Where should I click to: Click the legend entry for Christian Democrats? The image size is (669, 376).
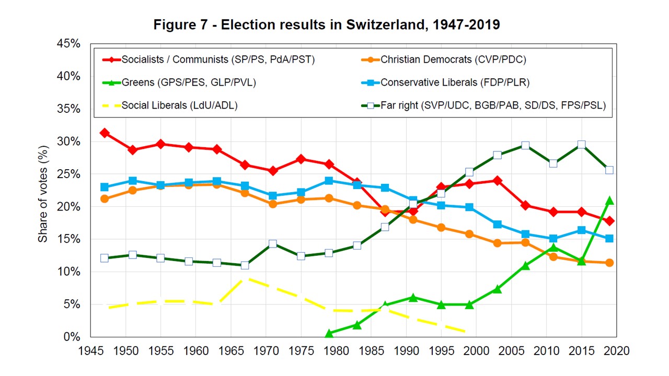453,60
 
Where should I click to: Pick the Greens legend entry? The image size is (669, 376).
189,83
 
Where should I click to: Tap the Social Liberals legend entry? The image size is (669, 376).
179,105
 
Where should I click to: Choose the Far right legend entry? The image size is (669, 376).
493,105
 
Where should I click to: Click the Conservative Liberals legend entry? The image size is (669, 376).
455,83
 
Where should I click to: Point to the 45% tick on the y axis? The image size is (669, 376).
68,44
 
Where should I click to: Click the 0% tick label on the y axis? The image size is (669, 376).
72,337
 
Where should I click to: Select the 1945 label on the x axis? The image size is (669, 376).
90,350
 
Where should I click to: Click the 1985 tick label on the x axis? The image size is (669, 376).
371,350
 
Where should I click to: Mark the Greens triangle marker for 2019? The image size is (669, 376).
608,201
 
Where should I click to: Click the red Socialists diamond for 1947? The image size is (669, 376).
105,133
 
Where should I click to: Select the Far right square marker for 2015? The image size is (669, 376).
581,145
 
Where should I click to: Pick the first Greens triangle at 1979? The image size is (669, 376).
329,333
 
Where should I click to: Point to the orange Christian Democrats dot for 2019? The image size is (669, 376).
608,263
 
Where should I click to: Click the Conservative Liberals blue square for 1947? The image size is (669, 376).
105,187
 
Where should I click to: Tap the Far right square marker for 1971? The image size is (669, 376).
273,244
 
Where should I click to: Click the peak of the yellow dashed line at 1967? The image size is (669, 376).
245,279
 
